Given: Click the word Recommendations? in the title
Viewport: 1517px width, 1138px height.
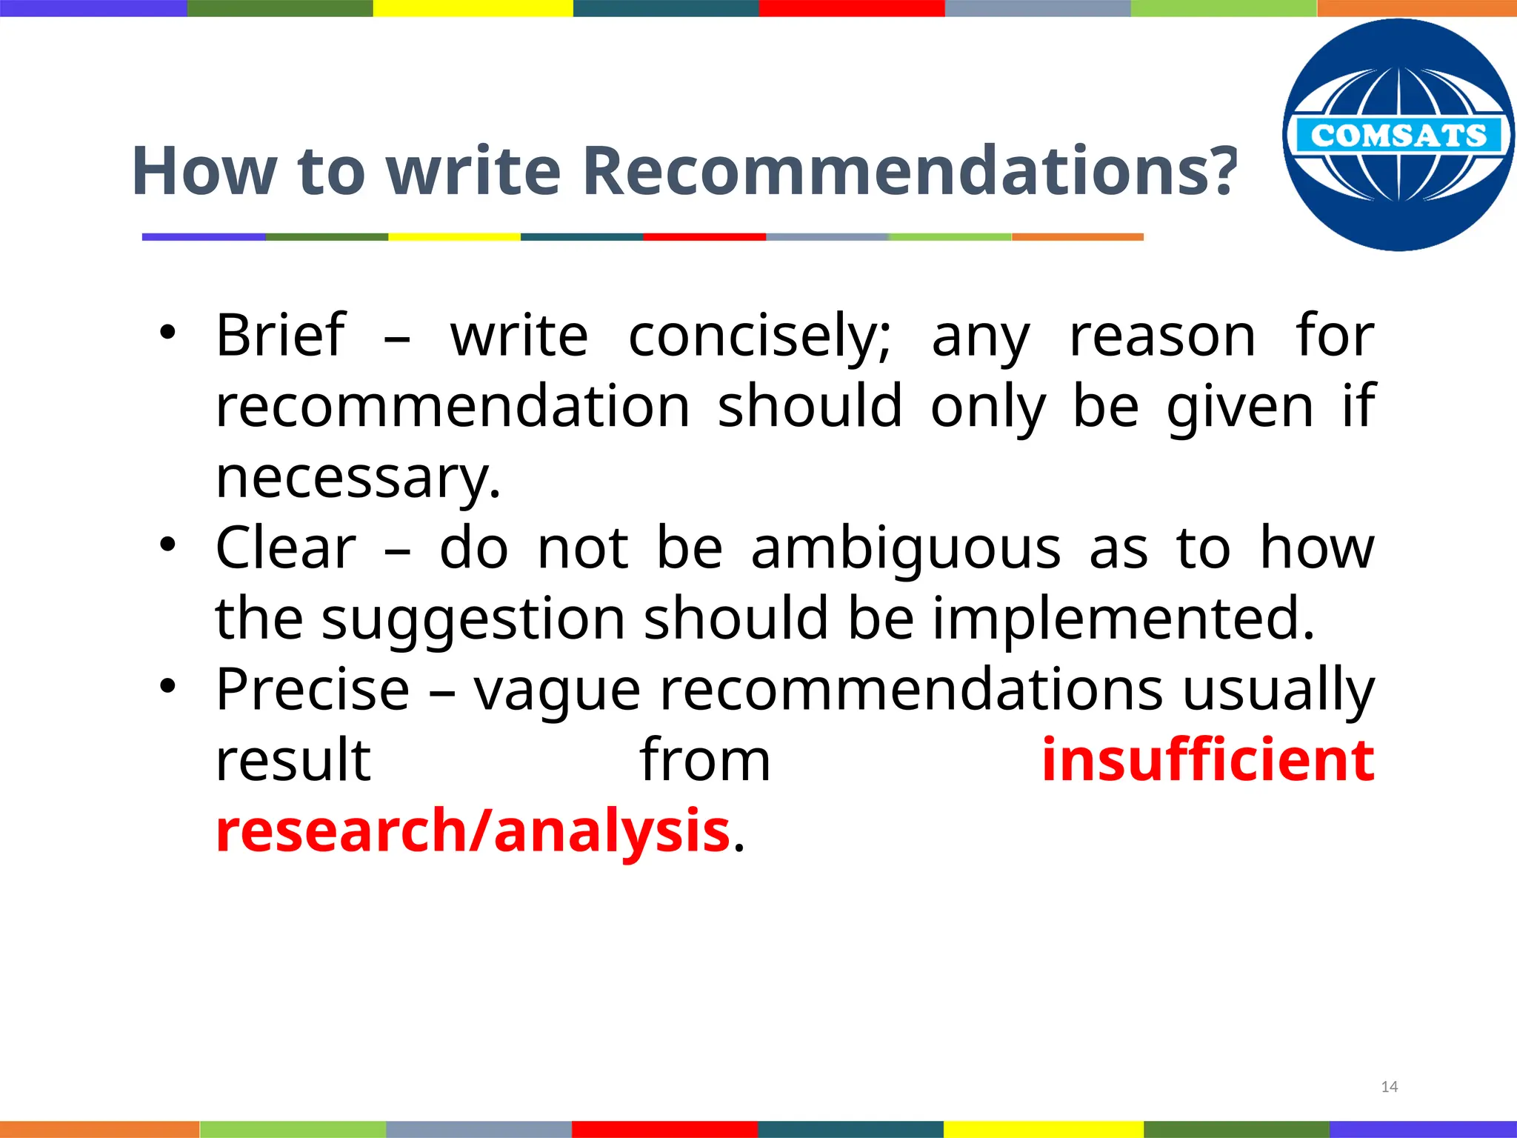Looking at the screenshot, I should pyautogui.click(x=910, y=171).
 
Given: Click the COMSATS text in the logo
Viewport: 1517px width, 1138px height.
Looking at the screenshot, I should pyautogui.click(x=1398, y=136).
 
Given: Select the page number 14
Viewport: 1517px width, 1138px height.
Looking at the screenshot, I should pyautogui.click(x=1390, y=1087).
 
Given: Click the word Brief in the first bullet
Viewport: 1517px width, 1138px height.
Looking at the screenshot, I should pyautogui.click(x=281, y=335).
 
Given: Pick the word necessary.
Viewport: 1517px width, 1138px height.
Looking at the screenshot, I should pyautogui.click(x=359, y=478).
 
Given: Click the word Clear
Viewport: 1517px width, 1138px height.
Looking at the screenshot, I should pyautogui.click(x=286, y=548).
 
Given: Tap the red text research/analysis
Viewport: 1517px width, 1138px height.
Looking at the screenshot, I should pyautogui.click(x=473, y=831).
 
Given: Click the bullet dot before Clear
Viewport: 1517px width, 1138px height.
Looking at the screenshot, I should pyautogui.click(x=168, y=545).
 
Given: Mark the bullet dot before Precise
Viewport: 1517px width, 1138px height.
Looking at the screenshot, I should pyautogui.click(x=168, y=687).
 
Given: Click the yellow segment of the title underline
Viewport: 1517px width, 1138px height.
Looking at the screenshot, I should pyautogui.click(x=454, y=237).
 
